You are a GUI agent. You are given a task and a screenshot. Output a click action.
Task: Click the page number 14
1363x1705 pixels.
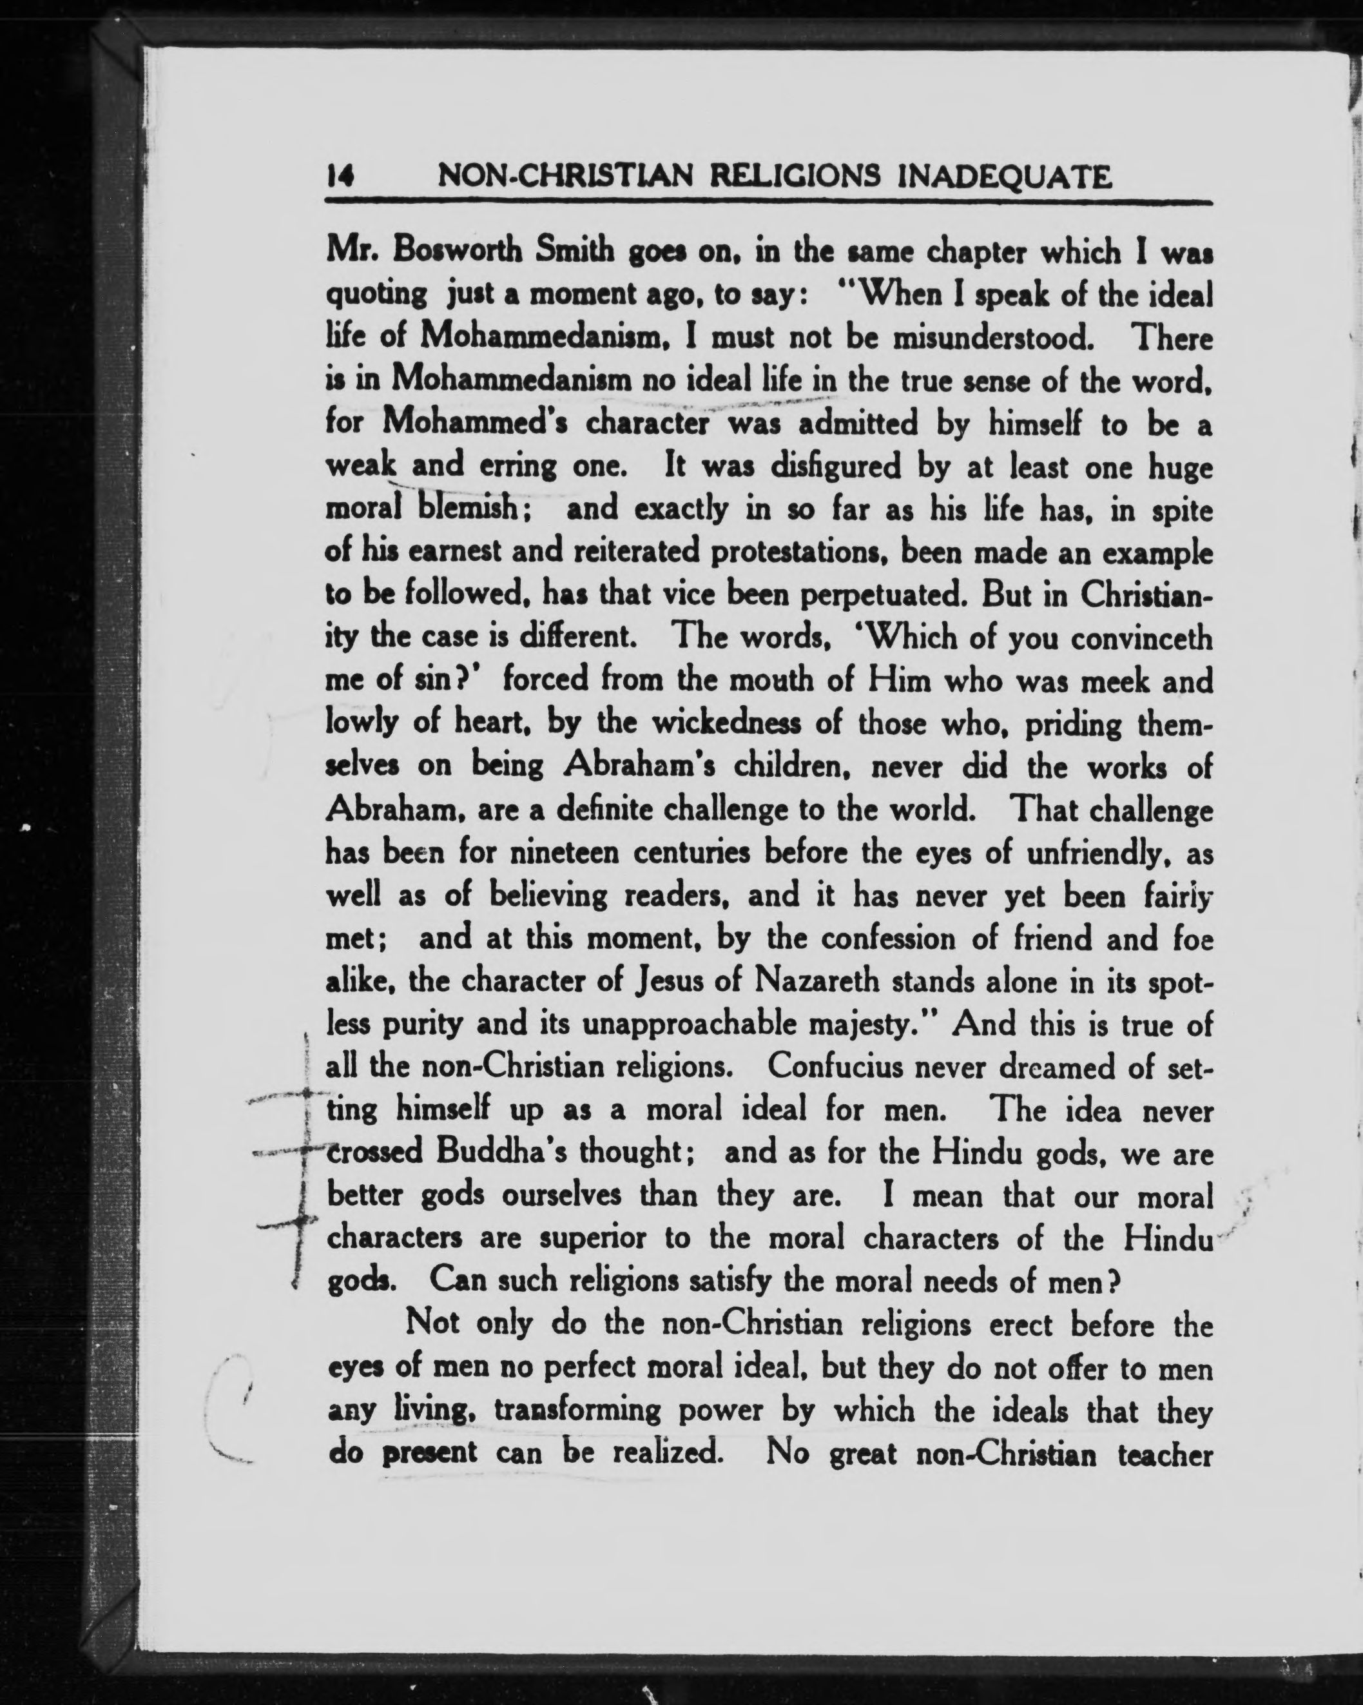pyautogui.click(x=340, y=177)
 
